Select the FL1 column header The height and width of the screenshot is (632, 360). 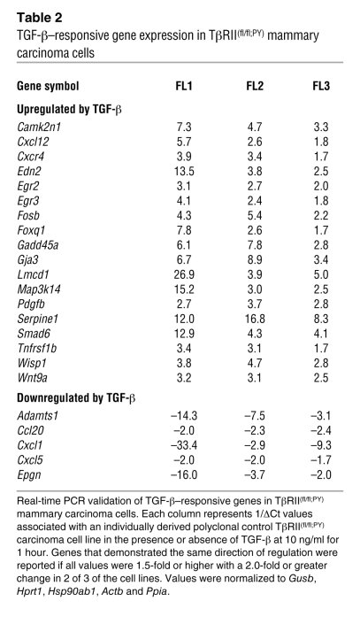185,86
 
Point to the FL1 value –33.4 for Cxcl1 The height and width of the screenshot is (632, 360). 183,451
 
